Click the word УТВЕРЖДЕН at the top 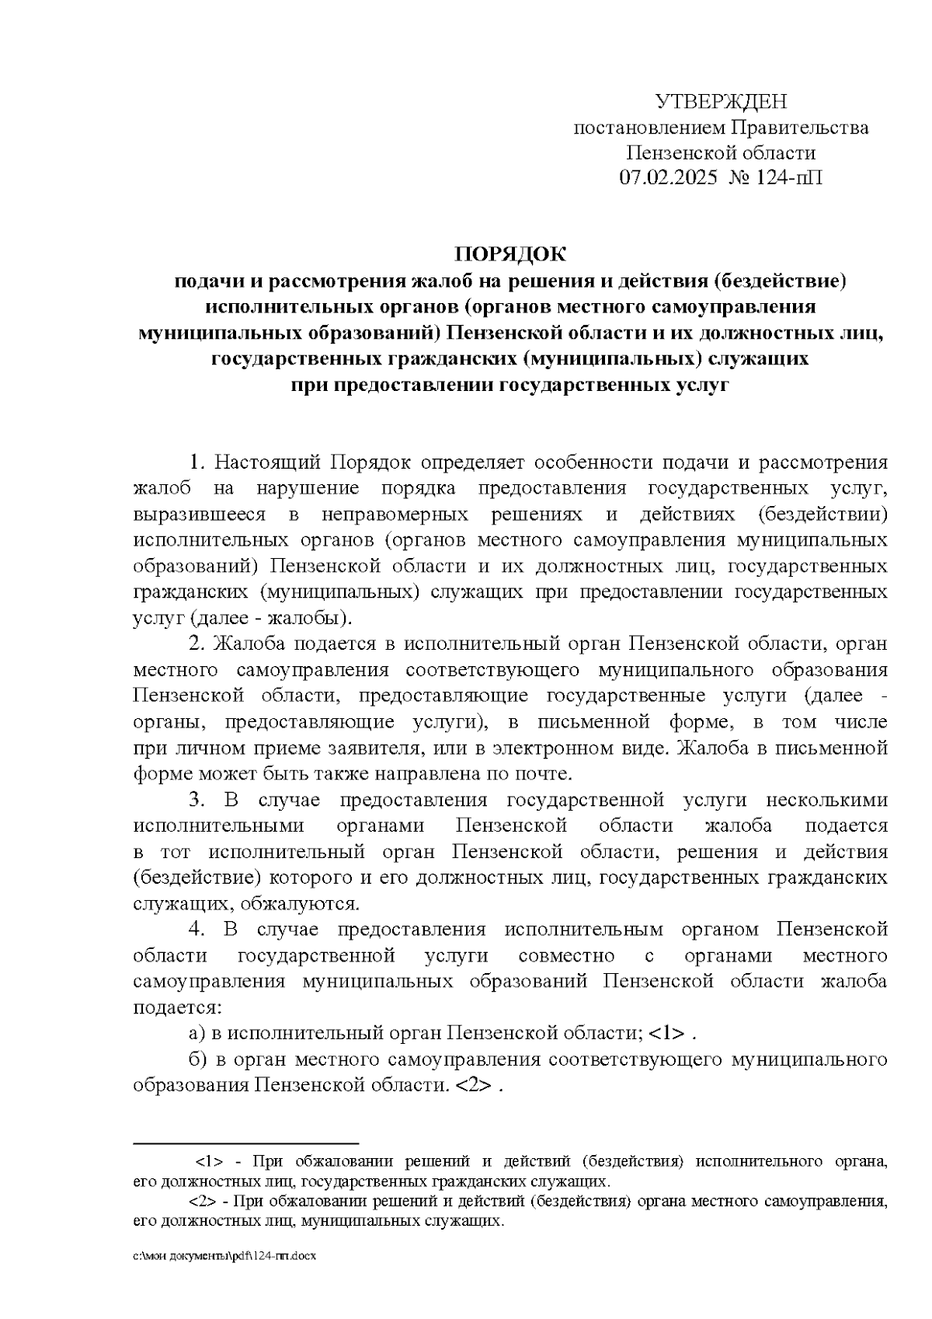pyautogui.click(x=721, y=102)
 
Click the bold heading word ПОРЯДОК pyautogui.click(x=510, y=254)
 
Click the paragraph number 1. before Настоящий pyautogui.click(x=197, y=463)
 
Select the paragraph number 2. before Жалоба pyautogui.click(x=197, y=644)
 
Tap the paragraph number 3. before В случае pyautogui.click(x=197, y=800)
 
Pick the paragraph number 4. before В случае pyautogui.click(x=197, y=930)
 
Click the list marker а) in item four pyautogui.click(x=197, y=1034)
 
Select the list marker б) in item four pyautogui.click(x=197, y=1059)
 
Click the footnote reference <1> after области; pyautogui.click(x=666, y=1034)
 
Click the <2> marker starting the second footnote pyautogui.click(x=203, y=1202)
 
